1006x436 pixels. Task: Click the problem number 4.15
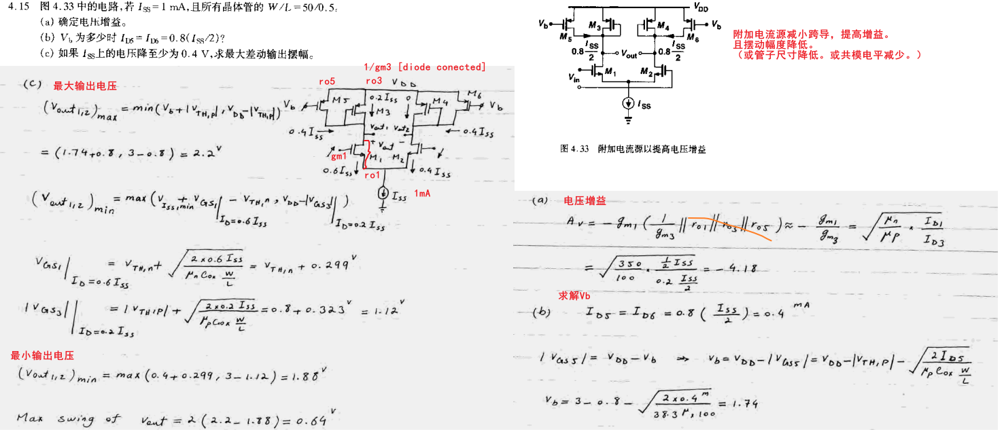click(18, 7)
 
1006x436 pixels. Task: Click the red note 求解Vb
click(574, 296)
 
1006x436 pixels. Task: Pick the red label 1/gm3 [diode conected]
click(425, 67)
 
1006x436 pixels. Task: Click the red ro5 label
click(327, 81)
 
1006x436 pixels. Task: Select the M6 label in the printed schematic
click(692, 39)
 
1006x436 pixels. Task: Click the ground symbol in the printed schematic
click(627, 120)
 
